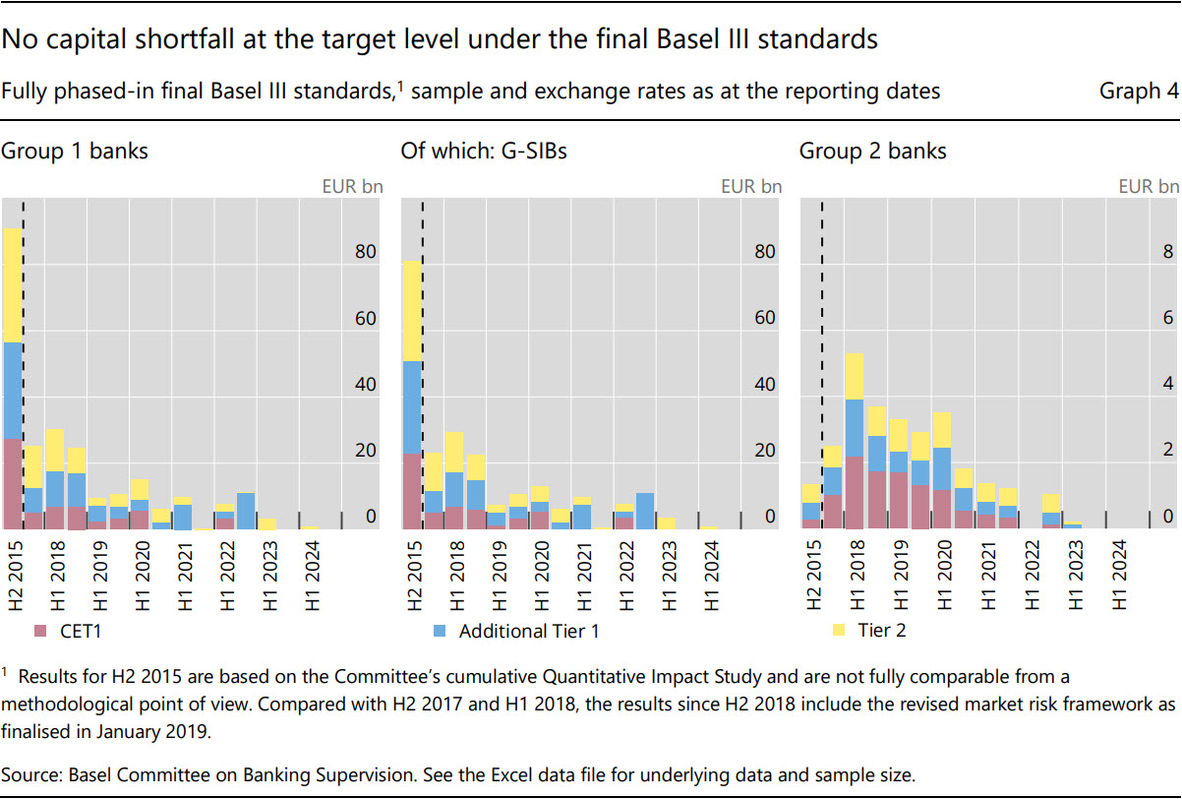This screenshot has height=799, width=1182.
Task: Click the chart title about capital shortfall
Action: click(x=439, y=40)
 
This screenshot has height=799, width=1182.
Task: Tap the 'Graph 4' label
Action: click(x=1139, y=92)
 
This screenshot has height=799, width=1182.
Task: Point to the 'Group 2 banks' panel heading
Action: click(x=872, y=152)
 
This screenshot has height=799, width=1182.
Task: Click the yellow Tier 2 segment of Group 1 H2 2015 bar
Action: click(x=13, y=285)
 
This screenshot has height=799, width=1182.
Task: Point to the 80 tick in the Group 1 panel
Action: click(x=365, y=253)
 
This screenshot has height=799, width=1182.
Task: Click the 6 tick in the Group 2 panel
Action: click(x=1167, y=319)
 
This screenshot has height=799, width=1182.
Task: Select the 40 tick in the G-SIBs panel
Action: click(x=763, y=385)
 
